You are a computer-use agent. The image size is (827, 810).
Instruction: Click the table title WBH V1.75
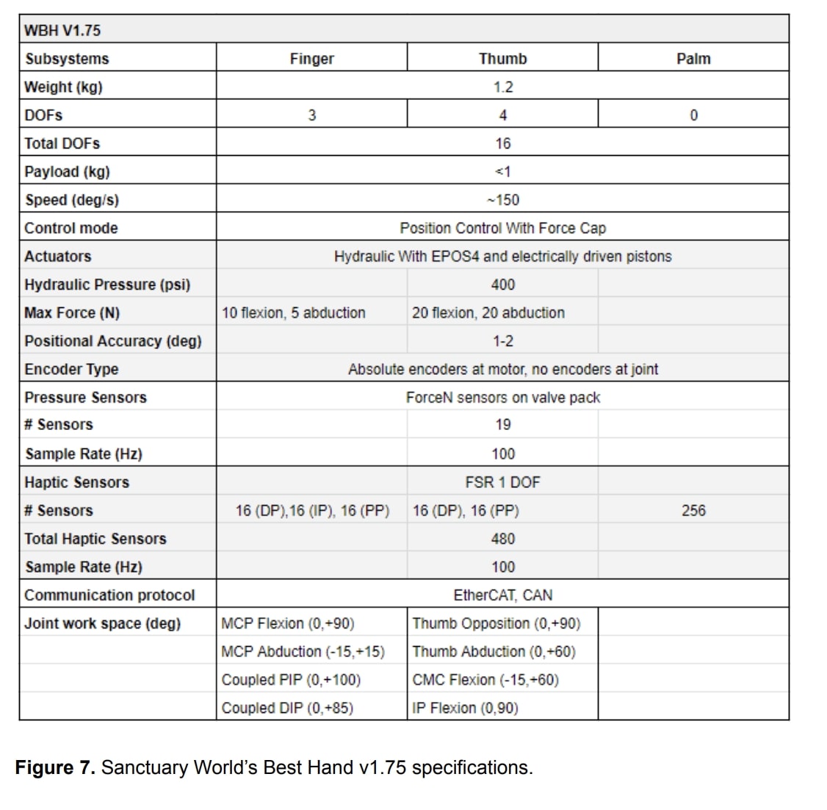pyautogui.click(x=62, y=31)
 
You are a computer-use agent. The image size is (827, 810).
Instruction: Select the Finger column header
pyautogui.click(x=311, y=59)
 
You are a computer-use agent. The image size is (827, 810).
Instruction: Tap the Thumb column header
pyautogui.click(x=502, y=59)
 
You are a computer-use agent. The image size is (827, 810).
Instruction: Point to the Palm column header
pyautogui.click(x=693, y=59)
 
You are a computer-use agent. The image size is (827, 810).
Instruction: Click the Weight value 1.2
pyautogui.click(x=502, y=87)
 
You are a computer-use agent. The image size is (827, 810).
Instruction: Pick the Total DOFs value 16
pyautogui.click(x=502, y=143)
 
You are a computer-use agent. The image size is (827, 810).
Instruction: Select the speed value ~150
pyautogui.click(x=502, y=200)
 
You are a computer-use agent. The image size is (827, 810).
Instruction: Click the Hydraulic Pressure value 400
pyautogui.click(x=502, y=284)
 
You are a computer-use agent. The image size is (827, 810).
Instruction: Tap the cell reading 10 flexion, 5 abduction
pyautogui.click(x=293, y=313)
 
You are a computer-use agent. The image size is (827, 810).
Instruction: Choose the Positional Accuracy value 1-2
pyautogui.click(x=502, y=341)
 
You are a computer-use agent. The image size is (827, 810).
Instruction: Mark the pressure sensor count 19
pyautogui.click(x=502, y=425)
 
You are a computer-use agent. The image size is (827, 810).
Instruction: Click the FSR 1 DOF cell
pyautogui.click(x=502, y=482)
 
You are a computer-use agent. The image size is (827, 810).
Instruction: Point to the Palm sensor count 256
pyautogui.click(x=693, y=510)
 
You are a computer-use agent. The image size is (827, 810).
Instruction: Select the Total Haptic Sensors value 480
pyautogui.click(x=502, y=539)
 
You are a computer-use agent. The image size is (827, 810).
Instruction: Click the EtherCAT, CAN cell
pyautogui.click(x=502, y=595)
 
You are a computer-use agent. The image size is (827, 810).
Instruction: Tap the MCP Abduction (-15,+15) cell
pyautogui.click(x=303, y=652)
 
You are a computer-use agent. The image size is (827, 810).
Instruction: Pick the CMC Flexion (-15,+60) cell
pyautogui.click(x=485, y=680)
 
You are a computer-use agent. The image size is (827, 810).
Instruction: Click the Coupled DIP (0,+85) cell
pyautogui.click(x=287, y=708)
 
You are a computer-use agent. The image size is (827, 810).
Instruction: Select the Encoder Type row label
pyautogui.click(x=71, y=369)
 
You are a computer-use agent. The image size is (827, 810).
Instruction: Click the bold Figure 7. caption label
pyautogui.click(x=55, y=767)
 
